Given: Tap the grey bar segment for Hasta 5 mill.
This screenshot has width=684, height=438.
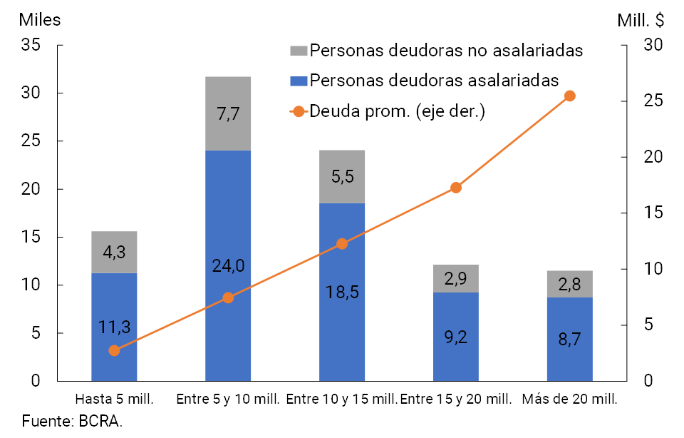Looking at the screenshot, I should coord(114,252).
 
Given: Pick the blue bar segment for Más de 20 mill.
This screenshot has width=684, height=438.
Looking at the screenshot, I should coord(570,340).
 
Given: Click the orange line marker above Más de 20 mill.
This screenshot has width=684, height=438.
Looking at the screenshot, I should coord(570,96).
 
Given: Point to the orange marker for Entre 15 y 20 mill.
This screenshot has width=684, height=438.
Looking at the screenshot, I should coord(456,188).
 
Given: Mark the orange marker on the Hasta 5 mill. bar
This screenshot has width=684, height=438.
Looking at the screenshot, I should coord(114,350).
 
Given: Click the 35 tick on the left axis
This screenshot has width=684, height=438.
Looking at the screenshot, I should coord(31,45).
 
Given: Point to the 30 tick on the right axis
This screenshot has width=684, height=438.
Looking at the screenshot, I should coord(653,45).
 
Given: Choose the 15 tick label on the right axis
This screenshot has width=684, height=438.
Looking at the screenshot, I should coord(653,213).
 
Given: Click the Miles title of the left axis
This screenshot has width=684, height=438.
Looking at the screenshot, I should coord(40,20).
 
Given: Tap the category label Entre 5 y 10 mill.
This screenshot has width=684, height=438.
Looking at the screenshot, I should coord(229,398).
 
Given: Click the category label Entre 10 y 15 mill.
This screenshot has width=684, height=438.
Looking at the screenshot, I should coord(342,398).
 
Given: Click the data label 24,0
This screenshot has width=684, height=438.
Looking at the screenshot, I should coord(228,266).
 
